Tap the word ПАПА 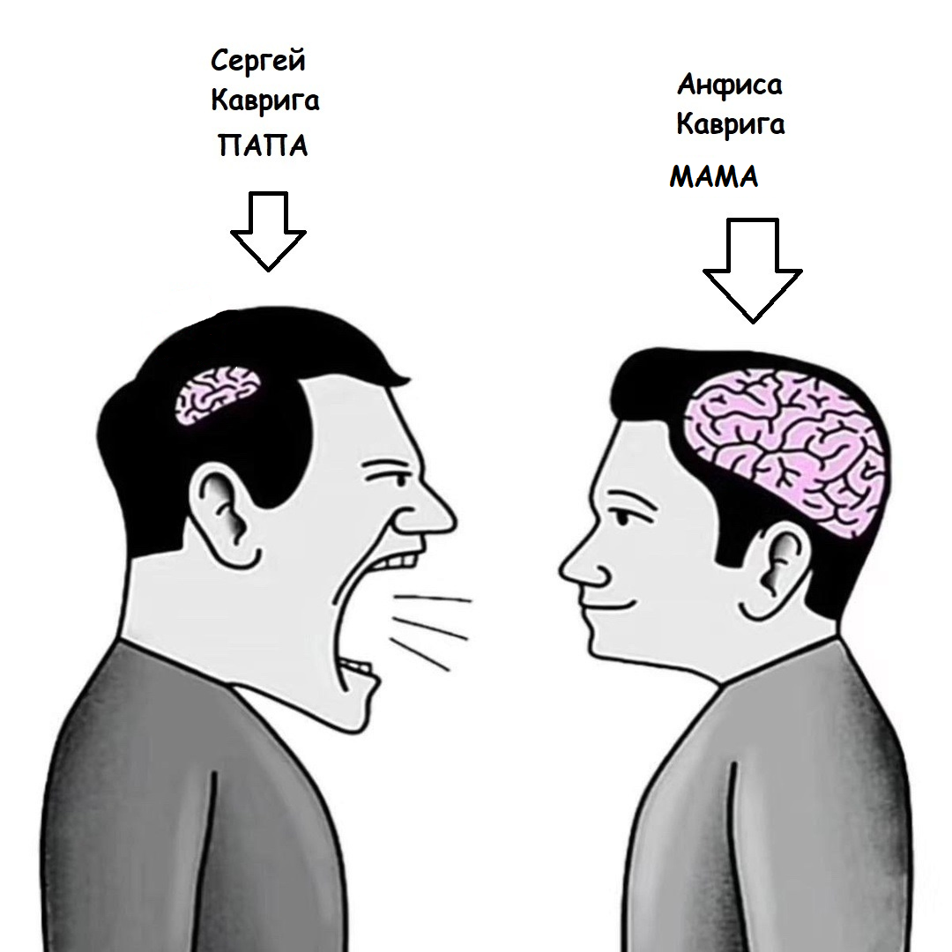coord(263,145)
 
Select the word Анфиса coord(729,86)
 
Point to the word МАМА coord(713,177)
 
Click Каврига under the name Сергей coord(264,102)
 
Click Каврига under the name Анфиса coord(730,124)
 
